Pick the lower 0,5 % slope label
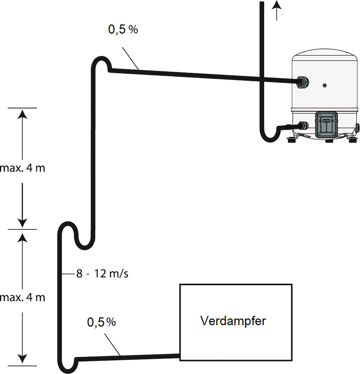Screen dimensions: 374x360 click(101, 322)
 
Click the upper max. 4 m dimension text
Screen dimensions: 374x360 click(22, 168)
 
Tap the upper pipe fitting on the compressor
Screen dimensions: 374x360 click(303, 82)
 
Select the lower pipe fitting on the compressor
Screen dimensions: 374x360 click(303, 126)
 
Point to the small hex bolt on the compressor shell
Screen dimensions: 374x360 click(324, 85)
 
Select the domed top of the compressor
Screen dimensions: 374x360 click(324, 55)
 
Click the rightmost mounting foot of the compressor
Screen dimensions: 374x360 click(352, 140)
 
